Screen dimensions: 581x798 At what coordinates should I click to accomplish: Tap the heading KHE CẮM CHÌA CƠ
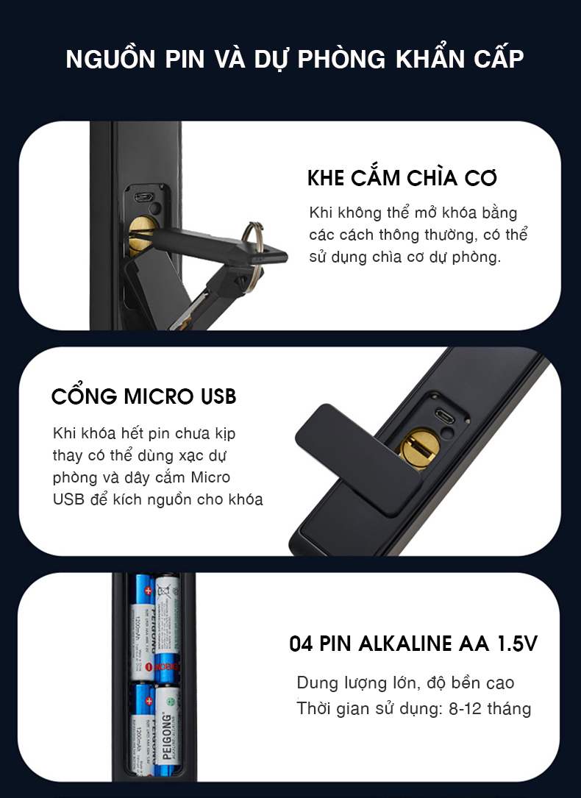402,177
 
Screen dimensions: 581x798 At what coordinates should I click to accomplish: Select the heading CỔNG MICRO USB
144,396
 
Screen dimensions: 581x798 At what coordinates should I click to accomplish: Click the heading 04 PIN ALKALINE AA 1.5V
413,644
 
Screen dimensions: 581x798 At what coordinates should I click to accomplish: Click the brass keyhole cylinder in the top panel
141,235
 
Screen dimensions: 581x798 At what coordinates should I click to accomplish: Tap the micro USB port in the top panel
143,196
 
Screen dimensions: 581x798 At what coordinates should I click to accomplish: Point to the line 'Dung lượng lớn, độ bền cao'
405,683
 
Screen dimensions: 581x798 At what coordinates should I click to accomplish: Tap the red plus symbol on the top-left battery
148,591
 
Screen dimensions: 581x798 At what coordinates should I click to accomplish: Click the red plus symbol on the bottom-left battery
149,701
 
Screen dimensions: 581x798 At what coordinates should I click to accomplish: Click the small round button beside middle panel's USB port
448,432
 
